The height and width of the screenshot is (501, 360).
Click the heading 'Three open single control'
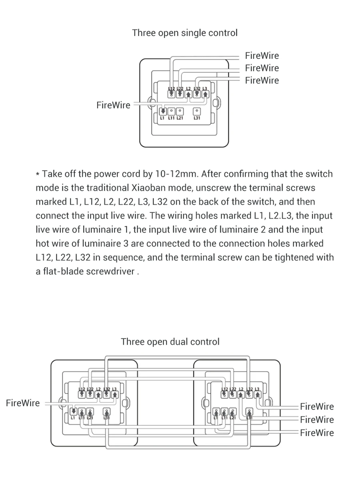tap(185, 33)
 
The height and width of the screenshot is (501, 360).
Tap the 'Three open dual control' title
tap(170, 342)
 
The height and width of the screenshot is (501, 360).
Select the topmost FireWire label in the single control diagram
tap(262, 56)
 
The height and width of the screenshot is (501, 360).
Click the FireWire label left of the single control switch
tap(113, 105)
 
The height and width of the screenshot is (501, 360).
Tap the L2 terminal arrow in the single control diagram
tap(188, 94)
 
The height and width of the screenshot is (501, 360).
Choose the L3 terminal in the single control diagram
tap(205, 94)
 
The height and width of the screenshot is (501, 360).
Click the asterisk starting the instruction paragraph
tap(38, 175)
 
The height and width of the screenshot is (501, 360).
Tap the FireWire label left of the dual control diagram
tap(23, 403)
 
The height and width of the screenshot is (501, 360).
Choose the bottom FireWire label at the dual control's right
tap(317, 433)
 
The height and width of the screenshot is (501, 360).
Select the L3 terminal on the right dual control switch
tap(258, 394)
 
